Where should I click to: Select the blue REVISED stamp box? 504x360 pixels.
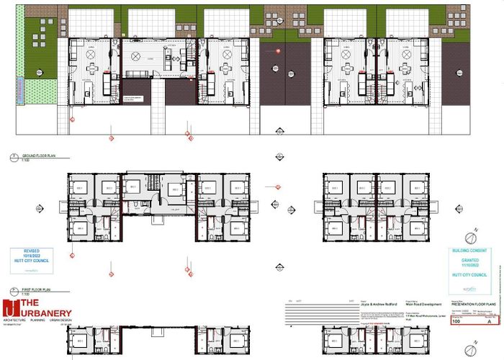click(x=33, y=261)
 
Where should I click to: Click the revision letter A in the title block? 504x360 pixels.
click(x=490, y=322)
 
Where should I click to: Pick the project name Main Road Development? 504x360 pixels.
click(x=421, y=304)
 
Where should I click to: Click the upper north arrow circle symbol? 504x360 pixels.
click(x=472, y=237)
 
